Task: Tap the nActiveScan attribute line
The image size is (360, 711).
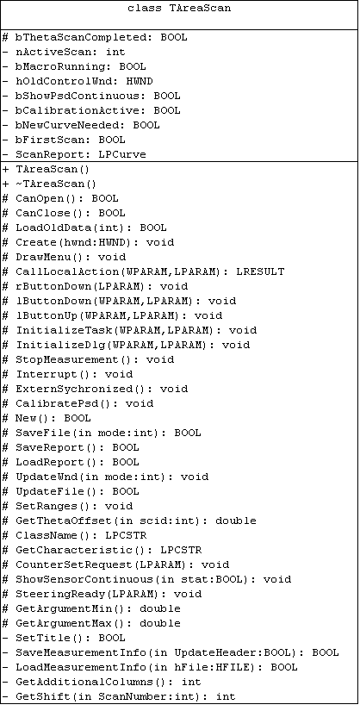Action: pyautogui.click(x=64, y=53)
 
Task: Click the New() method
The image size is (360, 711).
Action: pyautogui.click(x=53, y=418)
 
